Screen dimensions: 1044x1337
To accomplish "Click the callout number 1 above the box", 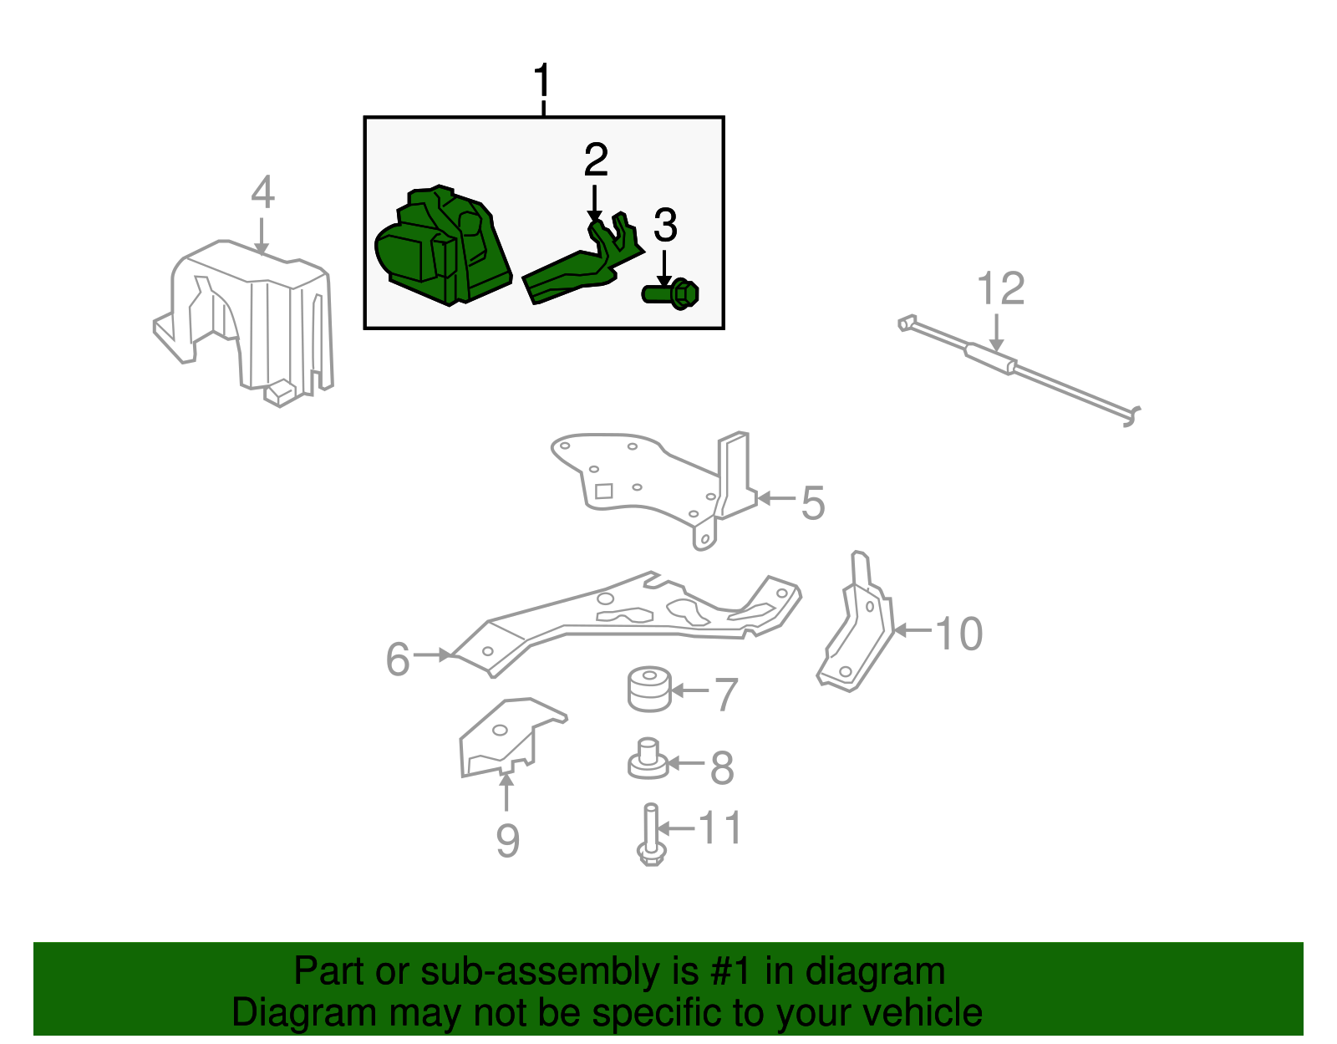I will [542, 81].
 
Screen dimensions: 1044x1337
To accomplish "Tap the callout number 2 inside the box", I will [596, 160].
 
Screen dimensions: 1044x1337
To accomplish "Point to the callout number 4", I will [262, 193].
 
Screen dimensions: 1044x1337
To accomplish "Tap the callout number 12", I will [1000, 289].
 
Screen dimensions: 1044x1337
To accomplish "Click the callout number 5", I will [812, 503].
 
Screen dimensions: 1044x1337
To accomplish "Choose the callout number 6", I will [398, 659].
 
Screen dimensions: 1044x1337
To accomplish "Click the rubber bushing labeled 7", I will [649, 689].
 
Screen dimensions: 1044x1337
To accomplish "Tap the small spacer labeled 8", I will [648, 759].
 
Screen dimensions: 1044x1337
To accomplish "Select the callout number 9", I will [507, 840].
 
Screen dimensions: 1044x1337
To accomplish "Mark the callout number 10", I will [958, 634].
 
